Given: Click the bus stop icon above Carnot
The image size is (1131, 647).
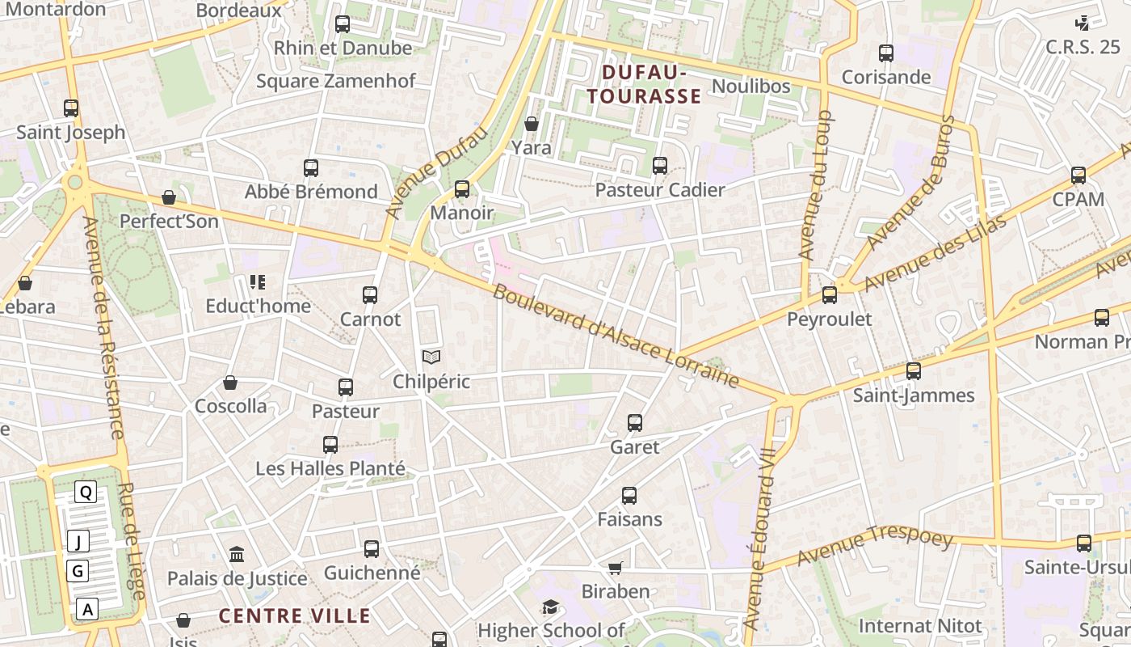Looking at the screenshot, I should (370, 295).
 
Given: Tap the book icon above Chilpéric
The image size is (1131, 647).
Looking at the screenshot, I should (431, 357).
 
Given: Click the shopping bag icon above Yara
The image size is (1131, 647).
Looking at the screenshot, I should (532, 124).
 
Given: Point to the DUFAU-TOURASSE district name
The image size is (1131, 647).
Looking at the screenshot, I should (644, 85).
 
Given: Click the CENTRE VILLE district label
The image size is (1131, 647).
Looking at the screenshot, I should (295, 616).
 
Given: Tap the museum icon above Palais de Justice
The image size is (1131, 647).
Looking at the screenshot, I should (237, 555).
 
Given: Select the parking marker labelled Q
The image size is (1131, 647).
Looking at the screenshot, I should (86, 492).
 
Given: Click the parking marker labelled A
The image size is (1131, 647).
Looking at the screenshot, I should (87, 609).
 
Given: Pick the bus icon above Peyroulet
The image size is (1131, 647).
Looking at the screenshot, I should (830, 295).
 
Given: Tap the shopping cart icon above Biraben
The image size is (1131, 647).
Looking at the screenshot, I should (616, 568).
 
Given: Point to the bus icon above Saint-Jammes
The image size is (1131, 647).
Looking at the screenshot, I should (914, 371).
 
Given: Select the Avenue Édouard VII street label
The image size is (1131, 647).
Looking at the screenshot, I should (759, 538).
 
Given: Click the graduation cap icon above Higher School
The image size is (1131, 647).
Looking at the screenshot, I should (550, 607).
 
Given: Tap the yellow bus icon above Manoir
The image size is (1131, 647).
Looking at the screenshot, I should (462, 189).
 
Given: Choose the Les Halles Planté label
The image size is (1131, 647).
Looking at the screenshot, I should (330, 468).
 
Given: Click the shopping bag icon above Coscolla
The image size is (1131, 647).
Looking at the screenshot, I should (230, 383).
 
